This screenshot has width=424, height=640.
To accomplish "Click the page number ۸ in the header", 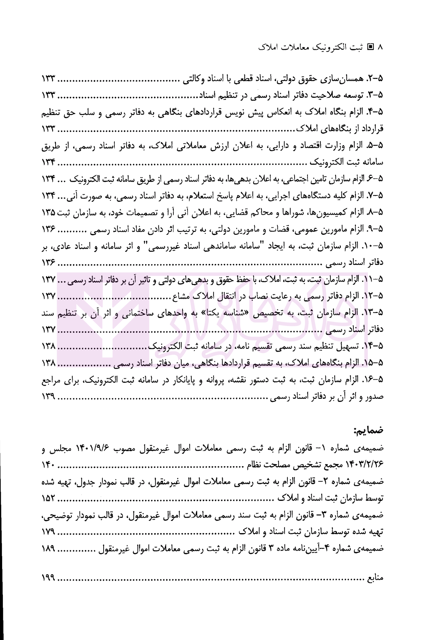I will tap(381, 47).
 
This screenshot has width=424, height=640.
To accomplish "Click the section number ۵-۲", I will tap(375, 78).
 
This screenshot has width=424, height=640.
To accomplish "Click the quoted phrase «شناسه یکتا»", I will tap(219, 313).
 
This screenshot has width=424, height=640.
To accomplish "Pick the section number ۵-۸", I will tap(375, 212).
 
